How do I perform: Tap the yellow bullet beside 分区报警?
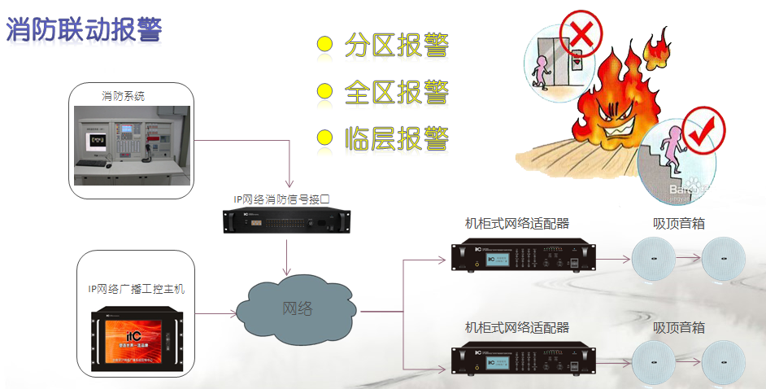(x=325, y=45)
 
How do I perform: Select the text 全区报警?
(x=397, y=90)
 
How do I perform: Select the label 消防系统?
(x=123, y=96)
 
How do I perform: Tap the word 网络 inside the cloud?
(x=297, y=308)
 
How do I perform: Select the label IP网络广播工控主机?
(x=137, y=288)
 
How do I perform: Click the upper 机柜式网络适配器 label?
(x=516, y=223)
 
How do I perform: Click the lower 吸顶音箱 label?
(x=679, y=327)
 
